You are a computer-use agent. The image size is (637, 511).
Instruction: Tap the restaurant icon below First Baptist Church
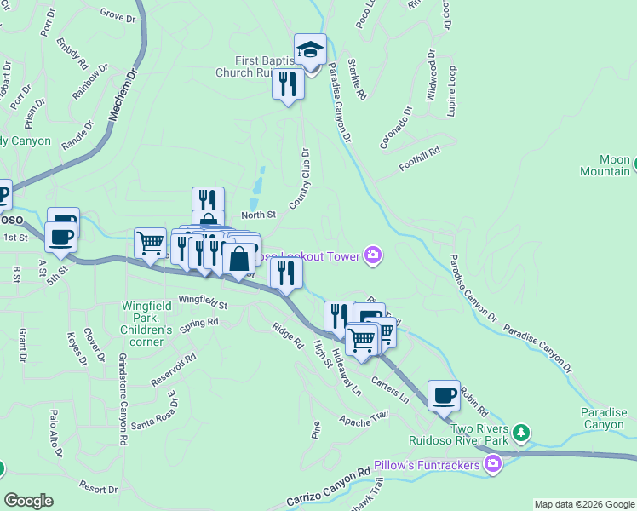[x=288, y=84]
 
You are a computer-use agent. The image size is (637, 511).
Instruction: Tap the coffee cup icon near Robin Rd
[x=444, y=396]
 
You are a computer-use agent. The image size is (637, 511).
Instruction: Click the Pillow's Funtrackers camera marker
[x=492, y=463]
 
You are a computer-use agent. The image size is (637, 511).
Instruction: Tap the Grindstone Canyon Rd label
[x=123, y=399]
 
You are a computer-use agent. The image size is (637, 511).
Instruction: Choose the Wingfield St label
[x=204, y=302]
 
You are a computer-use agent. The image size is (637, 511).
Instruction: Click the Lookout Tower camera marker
[x=372, y=255]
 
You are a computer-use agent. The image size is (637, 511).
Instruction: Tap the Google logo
[x=28, y=501]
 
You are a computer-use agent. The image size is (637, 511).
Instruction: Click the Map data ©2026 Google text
[x=583, y=504]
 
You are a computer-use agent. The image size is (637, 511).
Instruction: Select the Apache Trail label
[x=364, y=416]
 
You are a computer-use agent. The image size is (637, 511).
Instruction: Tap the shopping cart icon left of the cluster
[x=151, y=244]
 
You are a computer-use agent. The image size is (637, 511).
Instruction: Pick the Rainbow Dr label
[x=86, y=82]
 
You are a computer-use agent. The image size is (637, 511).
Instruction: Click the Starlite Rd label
[x=357, y=73]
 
